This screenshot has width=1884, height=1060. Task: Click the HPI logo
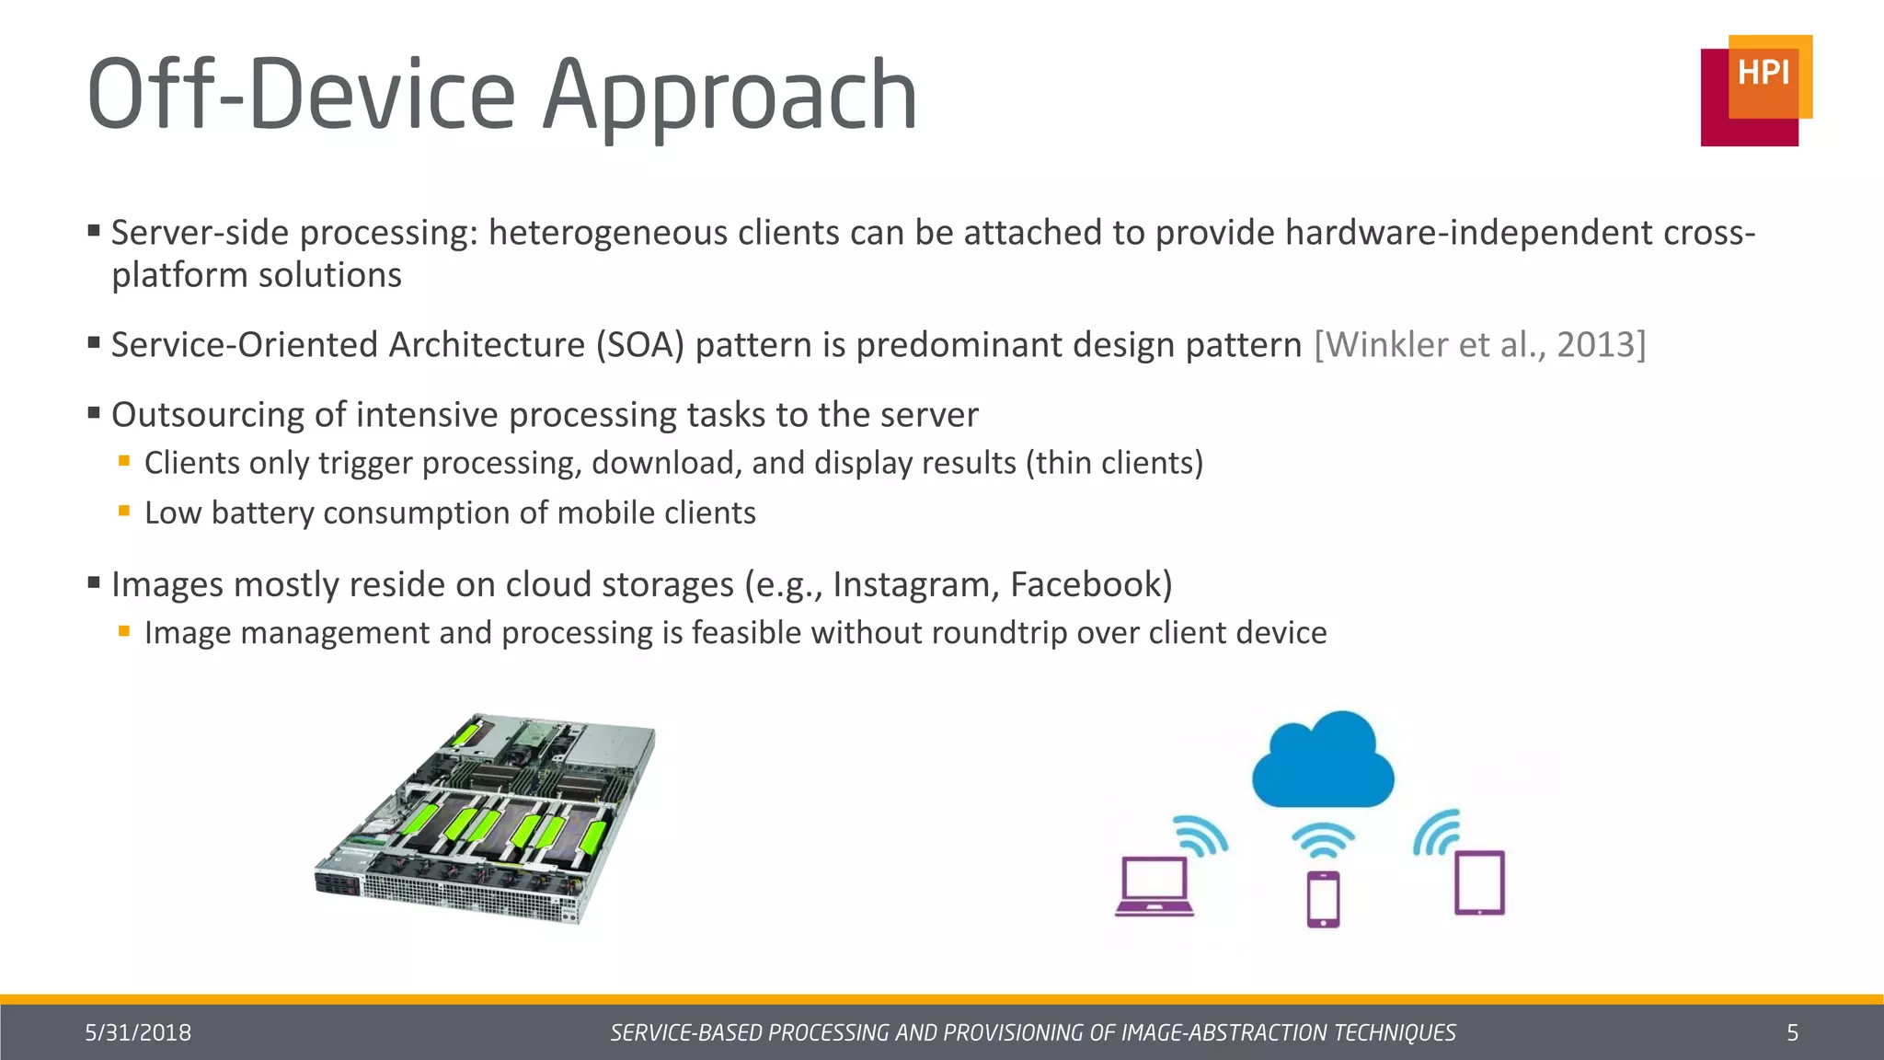1756,90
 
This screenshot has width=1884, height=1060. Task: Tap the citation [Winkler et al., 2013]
1479,345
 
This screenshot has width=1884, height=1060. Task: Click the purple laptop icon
1155,887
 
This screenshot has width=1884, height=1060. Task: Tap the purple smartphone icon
1323,899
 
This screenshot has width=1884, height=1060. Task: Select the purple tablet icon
1479,883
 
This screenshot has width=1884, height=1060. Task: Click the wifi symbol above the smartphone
1323,839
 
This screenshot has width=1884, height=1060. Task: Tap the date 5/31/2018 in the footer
138,1033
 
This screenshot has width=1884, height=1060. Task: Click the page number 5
1792,1033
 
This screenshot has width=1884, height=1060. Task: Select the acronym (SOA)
639,345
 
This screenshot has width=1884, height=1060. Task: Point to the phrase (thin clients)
1114,463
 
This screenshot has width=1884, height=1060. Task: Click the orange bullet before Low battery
124,510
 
